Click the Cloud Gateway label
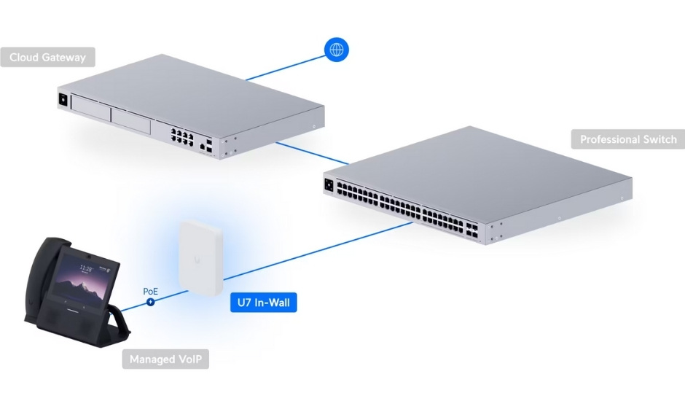coord(47,58)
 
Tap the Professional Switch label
coord(627,139)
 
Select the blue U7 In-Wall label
coord(263,303)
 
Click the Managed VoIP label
coord(165,359)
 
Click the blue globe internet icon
coord(337,50)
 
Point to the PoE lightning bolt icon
coord(151,302)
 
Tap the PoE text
coord(150,291)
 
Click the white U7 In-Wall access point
coord(200,257)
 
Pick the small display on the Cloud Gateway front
coord(63,99)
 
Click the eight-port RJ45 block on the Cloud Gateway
coord(182,137)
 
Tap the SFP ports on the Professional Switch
coord(471,230)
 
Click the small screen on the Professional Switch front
coord(329,185)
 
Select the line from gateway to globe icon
coord(285,68)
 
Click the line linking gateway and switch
coord(313,153)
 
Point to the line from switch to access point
coord(318,251)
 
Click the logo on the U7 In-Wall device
coord(197,260)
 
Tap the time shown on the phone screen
coord(86,268)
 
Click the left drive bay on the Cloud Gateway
coord(91,106)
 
